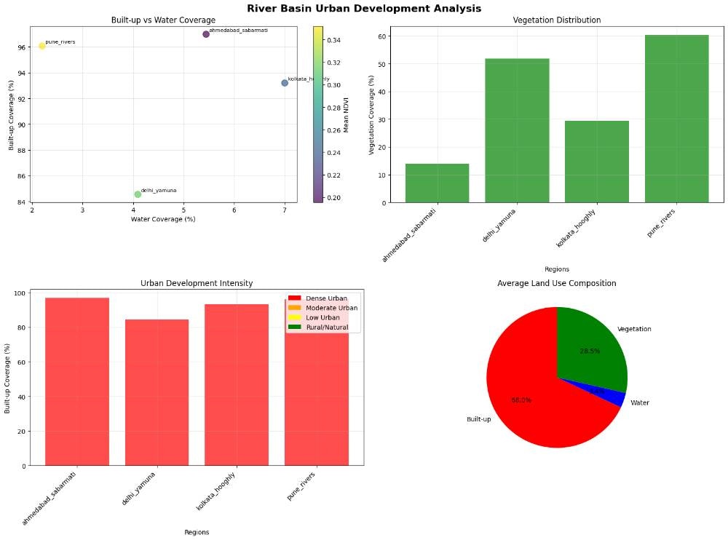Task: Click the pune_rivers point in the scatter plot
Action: (42, 46)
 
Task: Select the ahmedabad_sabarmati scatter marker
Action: (206, 34)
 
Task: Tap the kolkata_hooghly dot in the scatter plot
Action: (285, 83)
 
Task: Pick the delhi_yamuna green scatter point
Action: (138, 194)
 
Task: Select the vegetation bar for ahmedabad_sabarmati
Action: (437, 183)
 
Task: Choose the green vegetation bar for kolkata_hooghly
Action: (597, 162)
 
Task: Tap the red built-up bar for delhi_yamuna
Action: (157, 392)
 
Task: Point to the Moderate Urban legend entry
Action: (326, 308)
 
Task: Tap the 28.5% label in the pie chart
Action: (590, 351)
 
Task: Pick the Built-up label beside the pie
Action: (480, 419)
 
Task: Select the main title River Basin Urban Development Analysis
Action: (364, 9)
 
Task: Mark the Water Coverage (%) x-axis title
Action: (163, 219)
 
